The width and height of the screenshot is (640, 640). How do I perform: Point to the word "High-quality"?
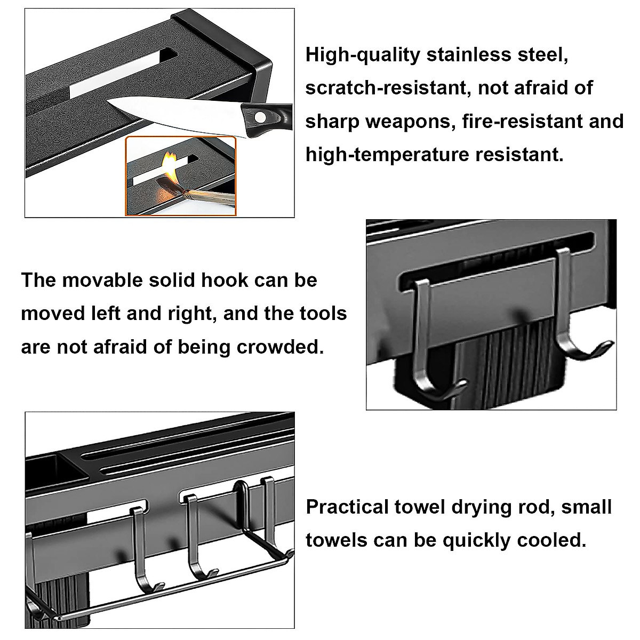click(x=363, y=54)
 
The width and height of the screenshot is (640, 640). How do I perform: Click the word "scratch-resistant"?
click(x=387, y=88)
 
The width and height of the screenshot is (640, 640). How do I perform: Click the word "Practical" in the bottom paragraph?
click(x=347, y=507)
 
